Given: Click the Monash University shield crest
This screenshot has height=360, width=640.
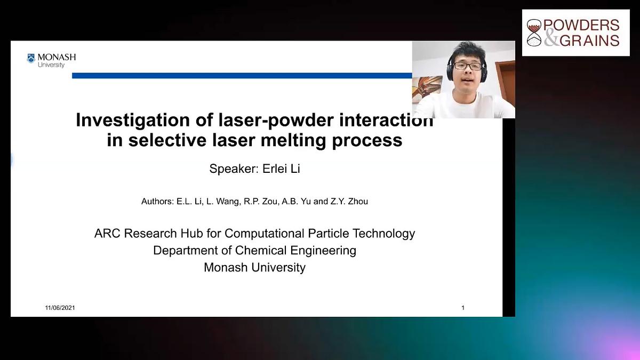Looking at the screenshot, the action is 31,58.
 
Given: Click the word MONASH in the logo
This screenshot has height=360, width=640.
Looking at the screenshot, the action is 57,57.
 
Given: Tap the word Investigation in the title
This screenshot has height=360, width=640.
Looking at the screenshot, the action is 133,121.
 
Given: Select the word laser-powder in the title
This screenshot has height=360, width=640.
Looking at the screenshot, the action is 276,121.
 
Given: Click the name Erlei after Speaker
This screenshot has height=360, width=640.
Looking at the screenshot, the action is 275,169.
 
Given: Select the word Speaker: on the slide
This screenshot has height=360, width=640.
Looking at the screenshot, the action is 234,169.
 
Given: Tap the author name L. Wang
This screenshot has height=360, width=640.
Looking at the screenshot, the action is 222,202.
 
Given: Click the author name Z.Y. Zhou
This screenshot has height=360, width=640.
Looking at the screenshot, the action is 349,202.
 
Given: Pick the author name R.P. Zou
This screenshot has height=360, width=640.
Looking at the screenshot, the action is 260,202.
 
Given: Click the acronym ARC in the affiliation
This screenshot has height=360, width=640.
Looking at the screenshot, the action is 107,234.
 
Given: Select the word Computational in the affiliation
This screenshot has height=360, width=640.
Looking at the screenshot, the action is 265,234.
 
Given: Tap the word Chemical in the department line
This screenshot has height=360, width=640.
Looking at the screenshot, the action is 261,250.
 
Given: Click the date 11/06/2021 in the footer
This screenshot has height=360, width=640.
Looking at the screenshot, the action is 60,308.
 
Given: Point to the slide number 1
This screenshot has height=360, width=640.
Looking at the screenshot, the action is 463,308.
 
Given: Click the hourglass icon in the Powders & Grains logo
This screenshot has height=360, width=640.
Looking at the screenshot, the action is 534,33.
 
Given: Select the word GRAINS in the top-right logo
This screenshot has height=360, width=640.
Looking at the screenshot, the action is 589,41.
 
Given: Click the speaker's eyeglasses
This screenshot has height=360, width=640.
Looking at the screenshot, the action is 468,66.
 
